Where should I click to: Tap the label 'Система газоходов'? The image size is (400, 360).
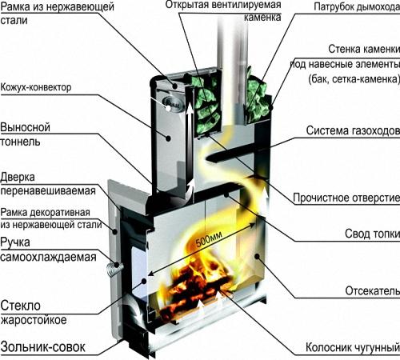[x=349, y=130]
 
